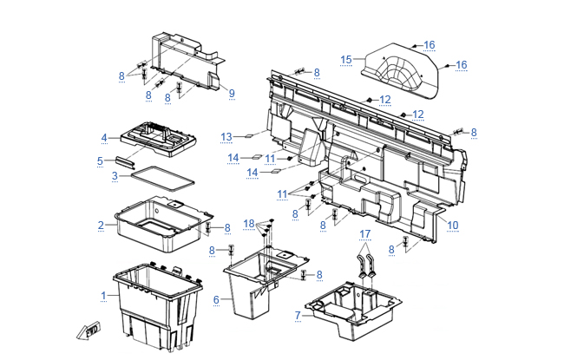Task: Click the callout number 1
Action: [104, 296]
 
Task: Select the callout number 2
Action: [102, 226]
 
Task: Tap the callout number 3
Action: [115, 176]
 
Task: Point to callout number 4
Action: [104, 138]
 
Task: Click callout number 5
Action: [101, 160]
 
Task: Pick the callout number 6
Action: [217, 299]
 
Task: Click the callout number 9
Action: [232, 93]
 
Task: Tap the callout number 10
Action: [453, 226]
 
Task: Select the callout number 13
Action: [226, 136]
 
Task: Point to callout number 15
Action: [346, 59]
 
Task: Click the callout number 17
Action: [365, 234]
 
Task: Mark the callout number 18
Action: [250, 224]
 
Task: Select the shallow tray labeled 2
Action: [161, 221]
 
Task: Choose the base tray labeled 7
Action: [356, 308]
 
